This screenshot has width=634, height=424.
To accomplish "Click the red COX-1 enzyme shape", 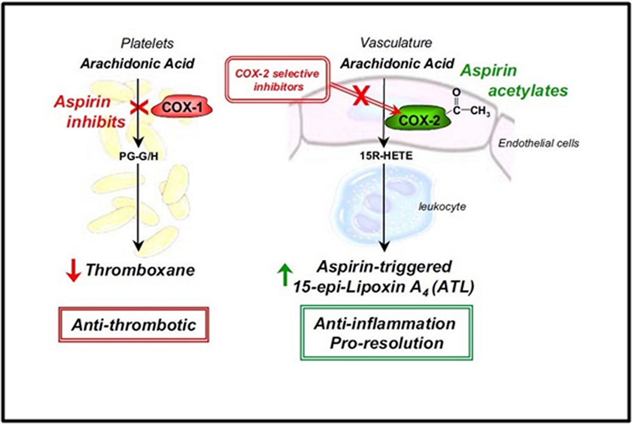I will (182, 107).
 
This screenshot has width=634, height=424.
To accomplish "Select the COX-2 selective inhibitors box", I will (277, 80).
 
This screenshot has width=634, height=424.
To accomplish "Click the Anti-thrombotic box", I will (133, 325).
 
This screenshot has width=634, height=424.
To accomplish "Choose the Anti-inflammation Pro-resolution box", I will (386, 333).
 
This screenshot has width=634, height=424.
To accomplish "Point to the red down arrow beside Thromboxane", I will (73, 270).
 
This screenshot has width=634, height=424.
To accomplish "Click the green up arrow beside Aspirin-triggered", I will (285, 274).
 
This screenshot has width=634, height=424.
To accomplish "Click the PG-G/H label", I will (139, 156).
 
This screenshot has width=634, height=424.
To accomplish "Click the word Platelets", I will (147, 44).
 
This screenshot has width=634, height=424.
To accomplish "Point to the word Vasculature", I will (396, 43).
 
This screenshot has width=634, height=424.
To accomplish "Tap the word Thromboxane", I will (140, 270).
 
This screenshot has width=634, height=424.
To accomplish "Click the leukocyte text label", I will (442, 206).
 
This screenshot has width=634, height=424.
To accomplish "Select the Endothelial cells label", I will (538, 143).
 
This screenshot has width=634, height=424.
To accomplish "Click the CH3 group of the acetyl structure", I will (480, 111).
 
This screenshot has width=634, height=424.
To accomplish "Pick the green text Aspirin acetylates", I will (514, 81).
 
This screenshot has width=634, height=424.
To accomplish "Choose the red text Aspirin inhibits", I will (89, 112).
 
